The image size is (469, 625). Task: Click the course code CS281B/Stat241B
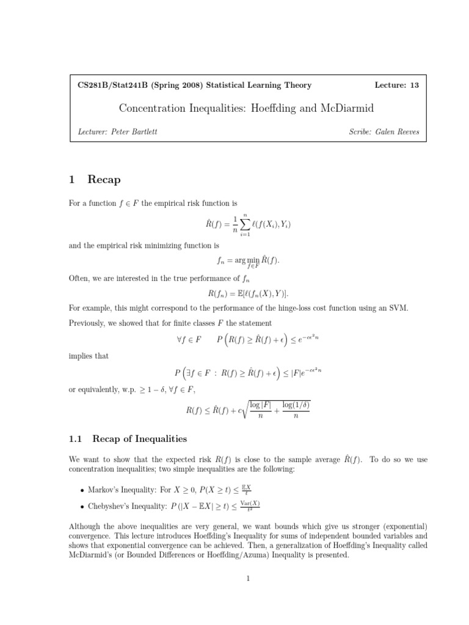tap(109, 85)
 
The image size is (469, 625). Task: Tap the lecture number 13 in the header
tap(415, 85)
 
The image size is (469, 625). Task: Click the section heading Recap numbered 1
tap(104, 179)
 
